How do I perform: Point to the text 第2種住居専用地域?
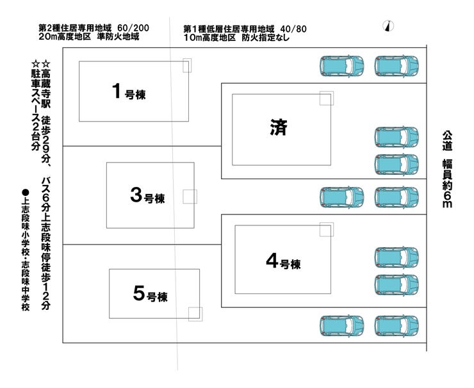(x=75, y=29)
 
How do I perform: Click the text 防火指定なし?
(x=266, y=38)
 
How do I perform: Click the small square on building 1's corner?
(x=186, y=65)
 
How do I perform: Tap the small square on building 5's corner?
(x=195, y=313)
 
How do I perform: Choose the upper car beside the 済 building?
(x=396, y=137)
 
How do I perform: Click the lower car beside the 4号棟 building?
(x=396, y=284)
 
